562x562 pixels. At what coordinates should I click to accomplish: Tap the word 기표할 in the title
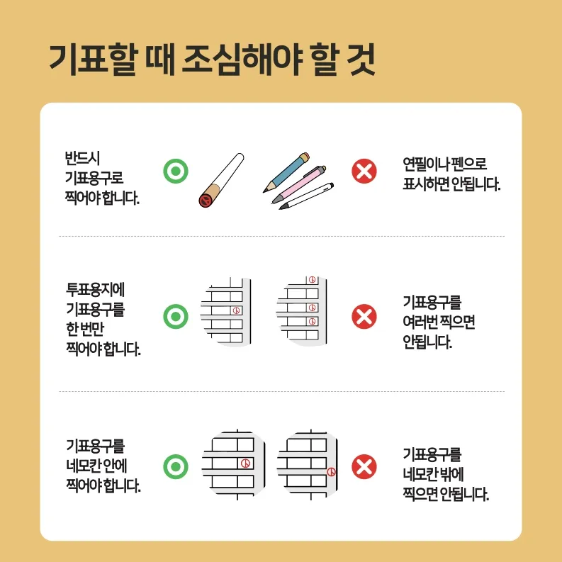(88, 59)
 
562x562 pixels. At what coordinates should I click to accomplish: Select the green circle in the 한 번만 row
(175, 315)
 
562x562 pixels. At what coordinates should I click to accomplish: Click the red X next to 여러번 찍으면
(364, 315)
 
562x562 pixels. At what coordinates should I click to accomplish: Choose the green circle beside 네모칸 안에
(175, 466)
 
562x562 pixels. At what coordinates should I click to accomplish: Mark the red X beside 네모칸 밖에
(364, 466)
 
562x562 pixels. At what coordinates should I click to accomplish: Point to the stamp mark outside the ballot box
(331, 471)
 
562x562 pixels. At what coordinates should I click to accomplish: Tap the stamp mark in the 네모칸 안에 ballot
(245, 463)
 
